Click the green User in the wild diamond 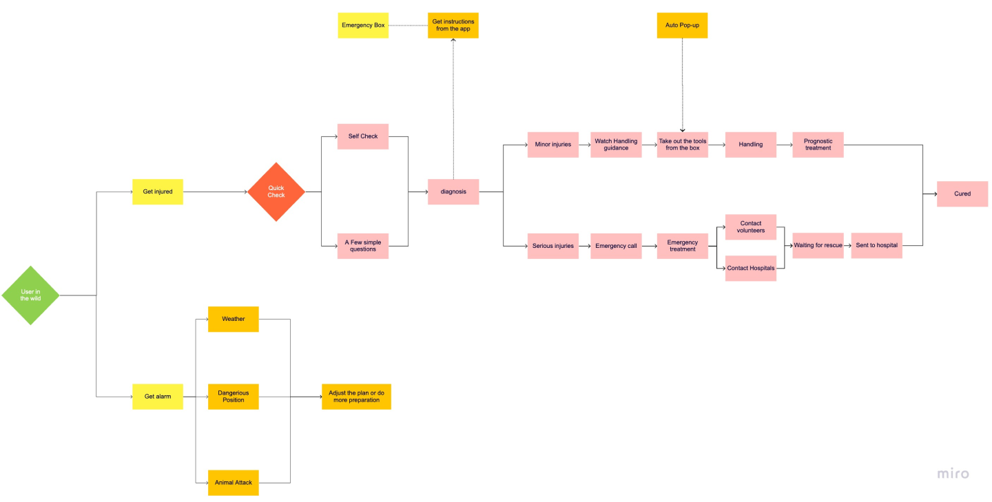30,295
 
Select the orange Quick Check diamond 276,191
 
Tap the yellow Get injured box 158,191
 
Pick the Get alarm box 158,397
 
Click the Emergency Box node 363,25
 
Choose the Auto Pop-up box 682,25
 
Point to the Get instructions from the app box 453,25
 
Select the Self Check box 363,136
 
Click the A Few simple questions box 363,246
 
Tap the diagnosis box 453,191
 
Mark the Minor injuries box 553,145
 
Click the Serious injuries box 553,246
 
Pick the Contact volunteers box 751,227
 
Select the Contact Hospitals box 751,269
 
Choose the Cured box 962,194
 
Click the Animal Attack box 234,483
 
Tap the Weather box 234,320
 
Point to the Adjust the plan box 357,397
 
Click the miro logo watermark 953,474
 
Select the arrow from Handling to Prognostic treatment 784,145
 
